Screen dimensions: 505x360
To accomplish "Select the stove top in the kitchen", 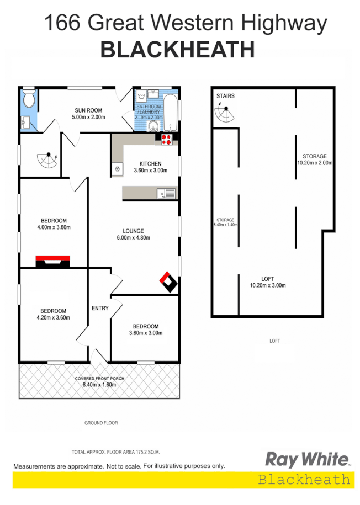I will (x=167, y=140).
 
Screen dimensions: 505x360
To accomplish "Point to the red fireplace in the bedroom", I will (x=53, y=261).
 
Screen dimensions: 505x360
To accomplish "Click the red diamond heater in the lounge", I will (x=169, y=282).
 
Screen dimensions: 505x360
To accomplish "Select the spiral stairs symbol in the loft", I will (x=225, y=114).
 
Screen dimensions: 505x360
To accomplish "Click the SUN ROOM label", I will (x=89, y=110).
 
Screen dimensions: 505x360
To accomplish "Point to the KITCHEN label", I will (x=150, y=164).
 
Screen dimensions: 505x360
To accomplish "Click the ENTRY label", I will (x=100, y=308).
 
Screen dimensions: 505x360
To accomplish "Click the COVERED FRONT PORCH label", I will (x=100, y=379).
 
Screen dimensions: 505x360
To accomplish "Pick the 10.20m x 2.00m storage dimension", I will (x=315, y=163).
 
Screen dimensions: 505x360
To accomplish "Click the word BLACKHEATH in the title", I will (x=177, y=50).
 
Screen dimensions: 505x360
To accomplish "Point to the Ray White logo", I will (x=308, y=459).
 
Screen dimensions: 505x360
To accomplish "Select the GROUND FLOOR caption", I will (x=101, y=423).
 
